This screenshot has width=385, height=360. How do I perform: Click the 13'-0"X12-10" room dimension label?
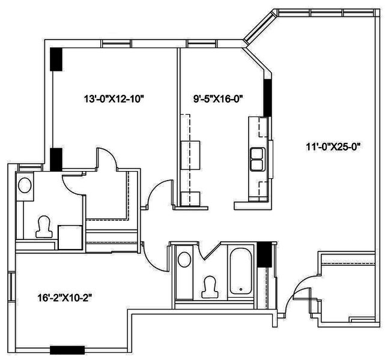[x=114, y=100]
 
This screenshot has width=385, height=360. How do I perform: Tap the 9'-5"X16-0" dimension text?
[x=218, y=99]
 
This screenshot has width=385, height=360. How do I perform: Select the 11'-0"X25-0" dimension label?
[x=333, y=147]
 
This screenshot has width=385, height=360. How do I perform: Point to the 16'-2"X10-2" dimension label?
[x=65, y=298]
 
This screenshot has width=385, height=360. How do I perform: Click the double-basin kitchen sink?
[x=258, y=160]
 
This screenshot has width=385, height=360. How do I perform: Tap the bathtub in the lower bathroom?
[x=241, y=271]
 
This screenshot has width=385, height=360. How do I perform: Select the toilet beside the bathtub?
[x=210, y=287]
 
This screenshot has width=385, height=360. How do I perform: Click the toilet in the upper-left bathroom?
[x=44, y=227]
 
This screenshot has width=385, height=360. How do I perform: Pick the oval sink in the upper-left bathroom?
[x=25, y=185]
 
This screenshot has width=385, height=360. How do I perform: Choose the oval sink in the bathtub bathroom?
[x=184, y=260]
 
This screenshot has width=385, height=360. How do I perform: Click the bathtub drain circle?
[x=241, y=289]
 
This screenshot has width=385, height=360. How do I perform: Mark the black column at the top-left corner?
[x=56, y=59]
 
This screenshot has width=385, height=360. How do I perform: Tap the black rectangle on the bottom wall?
[x=67, y=350]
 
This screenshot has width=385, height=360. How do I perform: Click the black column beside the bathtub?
[x=264, y=255]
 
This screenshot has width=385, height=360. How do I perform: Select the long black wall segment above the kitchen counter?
[x=267, y=98]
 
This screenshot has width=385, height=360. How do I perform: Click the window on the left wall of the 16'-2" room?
[x=11, y=286]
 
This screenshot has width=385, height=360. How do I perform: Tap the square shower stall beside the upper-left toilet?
[x=70, y=237]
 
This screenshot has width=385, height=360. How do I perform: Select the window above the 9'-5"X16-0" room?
[x=202, y=44]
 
